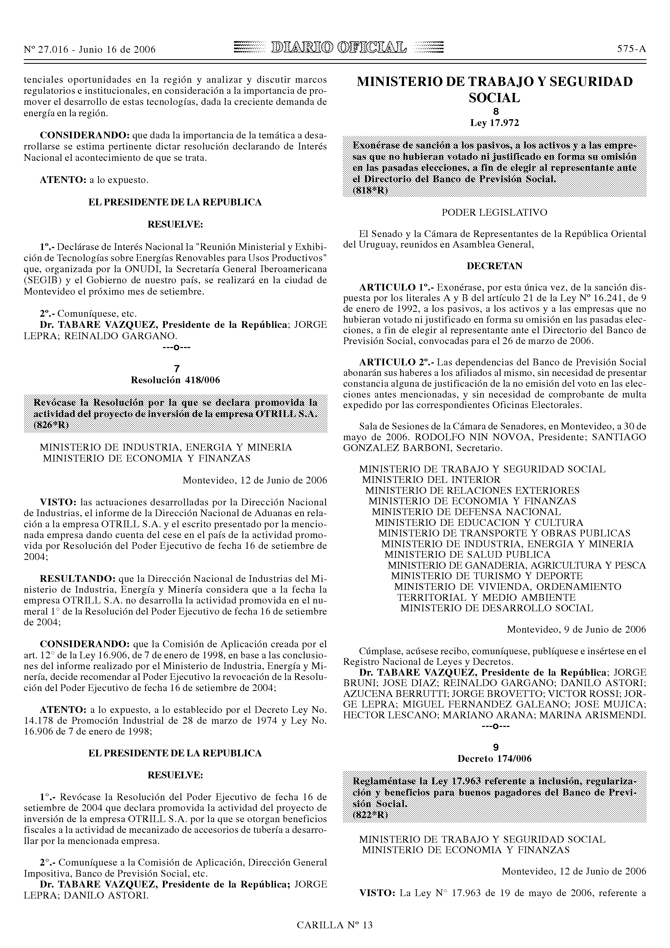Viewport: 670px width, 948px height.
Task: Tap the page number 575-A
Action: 631,49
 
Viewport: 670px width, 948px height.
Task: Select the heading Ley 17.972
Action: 495,123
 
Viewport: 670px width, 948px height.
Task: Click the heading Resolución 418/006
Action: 175,380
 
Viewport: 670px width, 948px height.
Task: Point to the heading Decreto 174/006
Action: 495,759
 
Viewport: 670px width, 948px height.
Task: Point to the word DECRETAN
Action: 495,266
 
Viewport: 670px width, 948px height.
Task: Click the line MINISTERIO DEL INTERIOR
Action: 431,480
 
